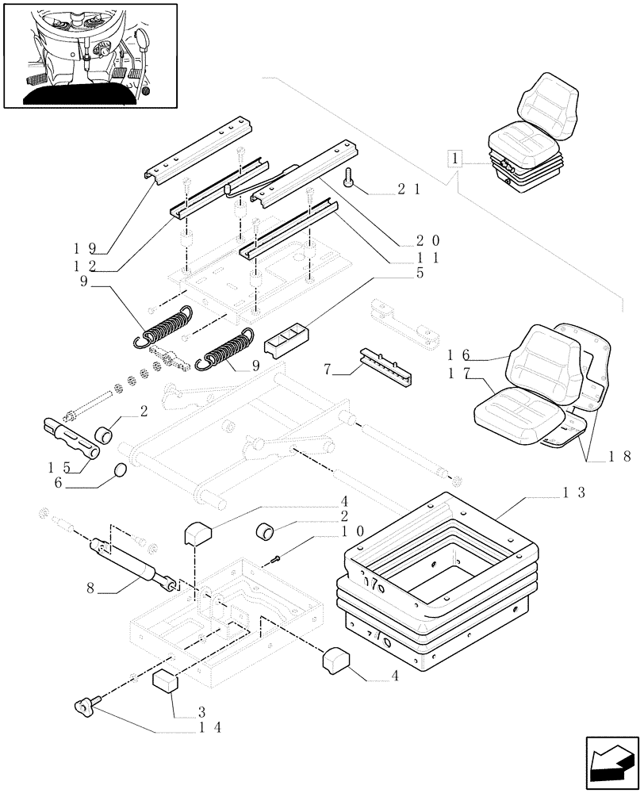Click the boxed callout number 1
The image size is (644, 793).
(454, 159)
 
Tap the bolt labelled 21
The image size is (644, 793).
(350, 180)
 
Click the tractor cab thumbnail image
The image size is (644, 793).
(90, 56)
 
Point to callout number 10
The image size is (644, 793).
(353, 531)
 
